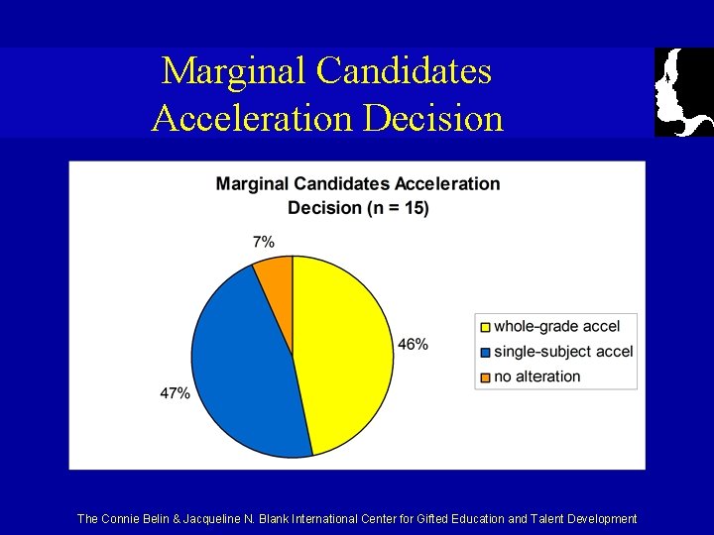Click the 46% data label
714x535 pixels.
pyautogui.click(x=414, y=344)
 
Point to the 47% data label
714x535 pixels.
pyautogui.click(x=175, y=393)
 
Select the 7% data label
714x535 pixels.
pyautogui.click(x=264, y=241)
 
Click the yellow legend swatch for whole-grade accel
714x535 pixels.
pyautogui.click(x=485, y=326)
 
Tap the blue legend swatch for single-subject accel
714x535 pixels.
pyautogui.click(x=485, y=352)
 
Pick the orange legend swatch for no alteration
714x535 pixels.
pyautogui.click(x=485, y=376)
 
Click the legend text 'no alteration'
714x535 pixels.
pyautogui.click(x=536, y=376)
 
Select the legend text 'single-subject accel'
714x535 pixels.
pyautogui.click(x=562, y=352)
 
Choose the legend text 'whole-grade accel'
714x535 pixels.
pyautogui.click(x=556, y=326)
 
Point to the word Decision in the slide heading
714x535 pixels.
pyautogui.click(x=433, y=117)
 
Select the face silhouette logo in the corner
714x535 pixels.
pyautogui.click(x=683, y=91)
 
